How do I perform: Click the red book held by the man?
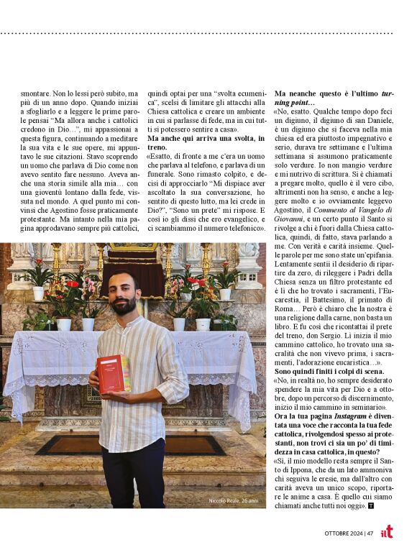(x=114, y=373)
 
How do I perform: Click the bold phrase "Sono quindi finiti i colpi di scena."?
(x=329, y=371)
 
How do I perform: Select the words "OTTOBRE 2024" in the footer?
(x=342, y=533)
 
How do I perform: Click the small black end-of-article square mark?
(x=371, y=506)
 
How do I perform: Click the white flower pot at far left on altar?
(x=38, y=293)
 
